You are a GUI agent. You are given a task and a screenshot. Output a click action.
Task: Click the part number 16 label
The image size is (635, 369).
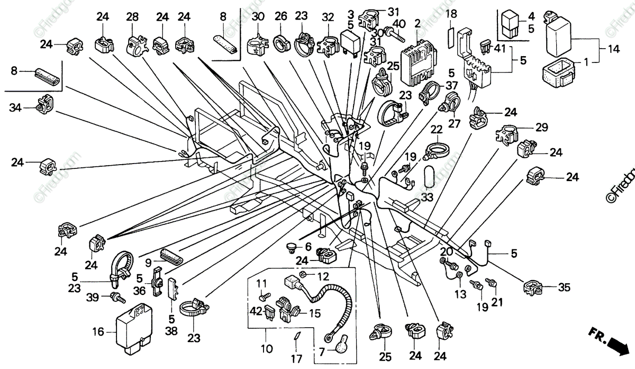98,332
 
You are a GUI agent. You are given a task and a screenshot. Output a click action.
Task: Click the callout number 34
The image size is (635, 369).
15,109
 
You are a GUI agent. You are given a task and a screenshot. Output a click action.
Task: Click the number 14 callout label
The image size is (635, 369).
613,51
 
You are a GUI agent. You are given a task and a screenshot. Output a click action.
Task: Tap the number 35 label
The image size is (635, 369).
564,287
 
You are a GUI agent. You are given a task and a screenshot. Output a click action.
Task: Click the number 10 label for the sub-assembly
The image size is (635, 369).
265,349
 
